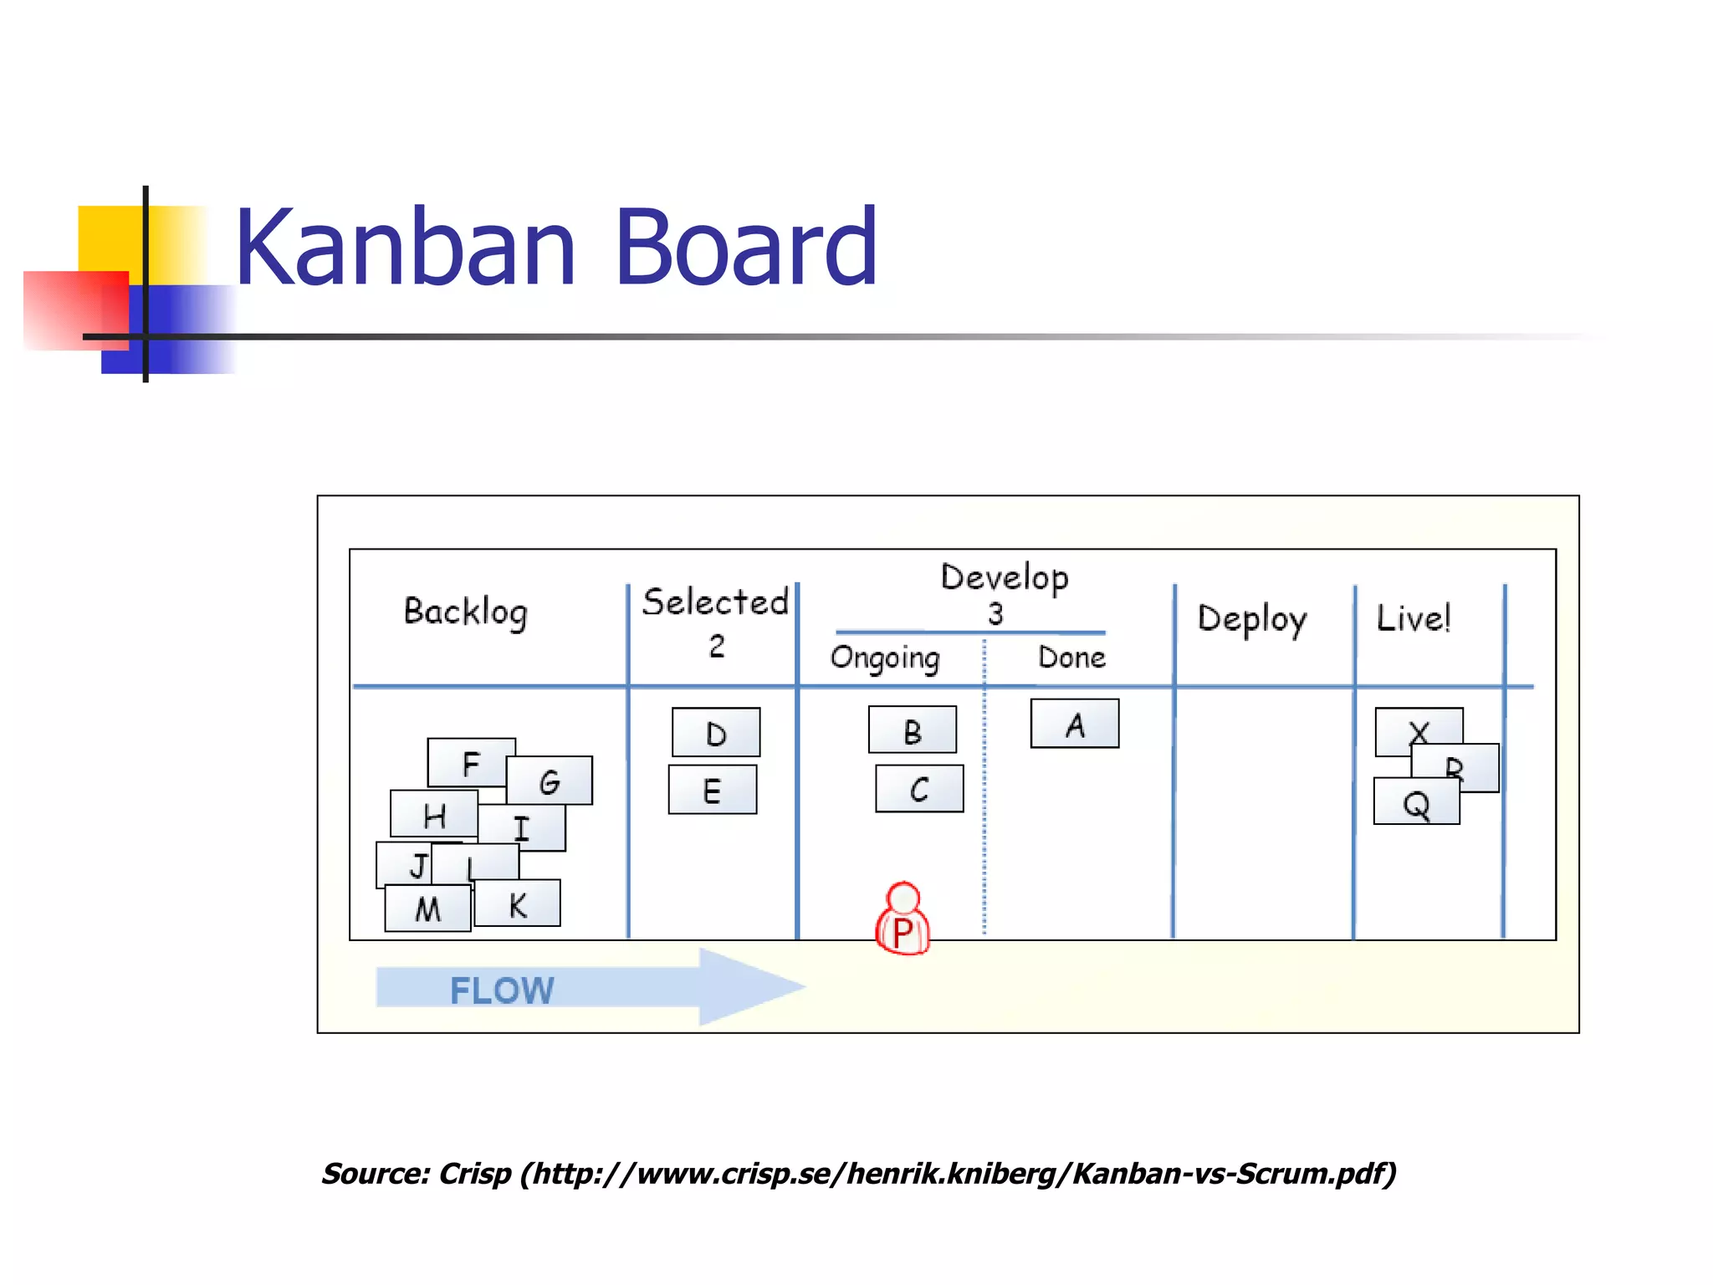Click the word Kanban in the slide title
point(405,248)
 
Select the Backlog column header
point(465,612)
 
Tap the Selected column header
point(715,602)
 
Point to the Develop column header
point(1004,577)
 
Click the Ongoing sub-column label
point(885,658)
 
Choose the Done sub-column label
point(1071,658)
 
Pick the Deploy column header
point(1251,619)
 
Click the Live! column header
point(1413,619)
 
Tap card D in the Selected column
point(716,733)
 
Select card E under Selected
point(713,790)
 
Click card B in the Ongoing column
point(913,730)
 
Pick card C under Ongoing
point(919,789)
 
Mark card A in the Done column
point(1075,724)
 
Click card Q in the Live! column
point(1416,803)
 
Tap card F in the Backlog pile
point(470,761)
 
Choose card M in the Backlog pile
point(427,909)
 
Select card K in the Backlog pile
point(518,904)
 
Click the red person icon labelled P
point(903,920)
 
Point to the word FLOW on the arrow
point(502,991)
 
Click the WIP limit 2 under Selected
point(717,646)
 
